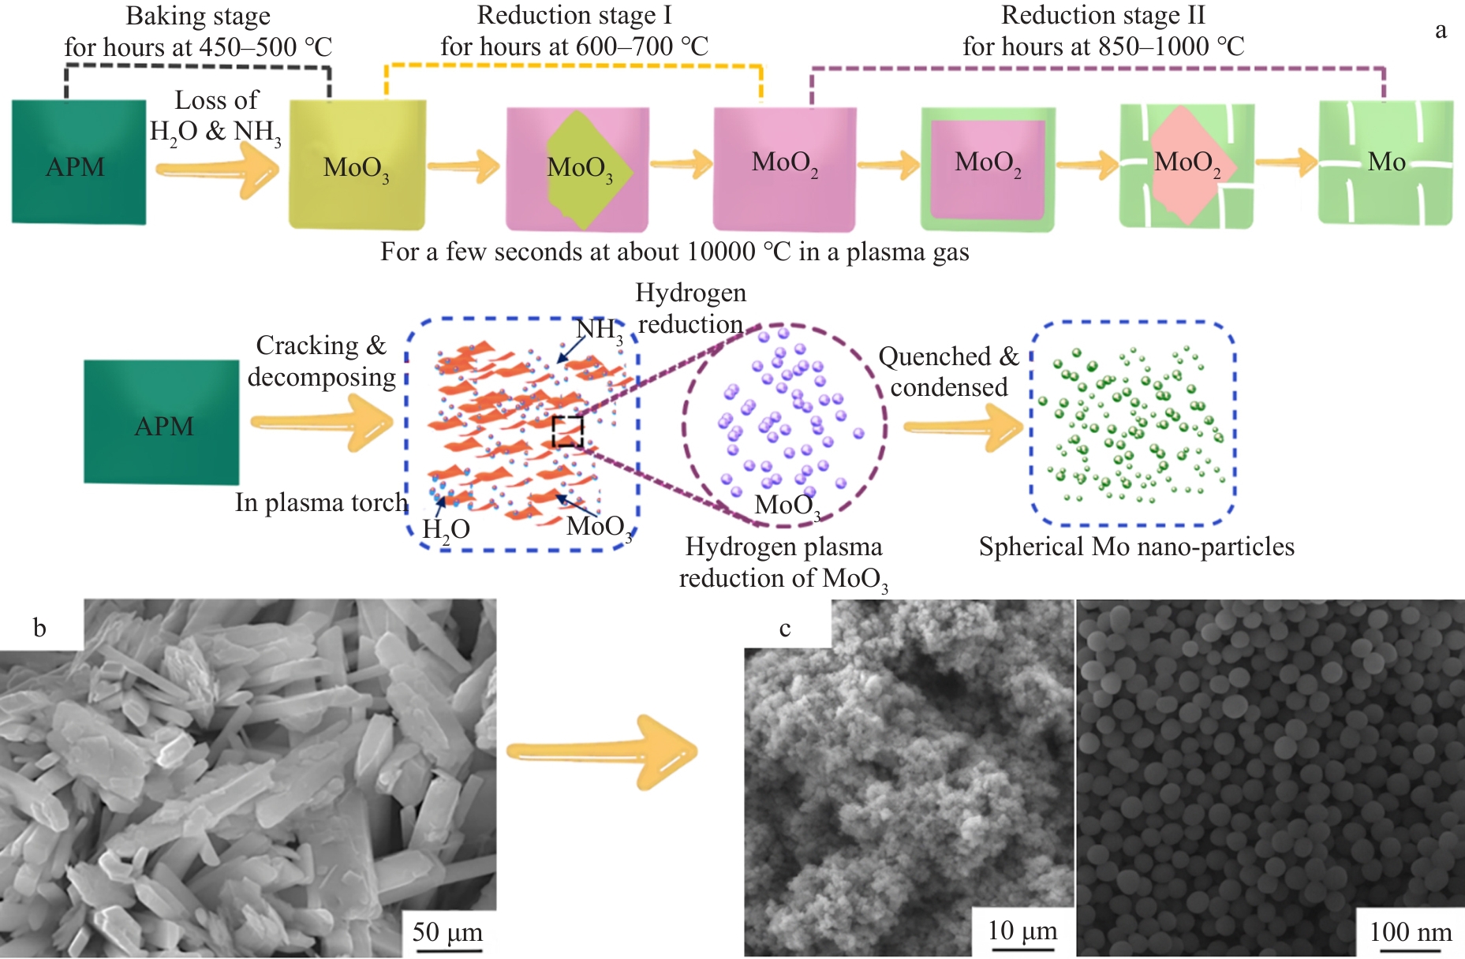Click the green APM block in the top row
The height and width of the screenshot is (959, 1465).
[x=78, y=162]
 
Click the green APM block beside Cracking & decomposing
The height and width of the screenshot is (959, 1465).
[x=162, y=422]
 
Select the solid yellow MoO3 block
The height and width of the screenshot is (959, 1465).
[x=357, y=165]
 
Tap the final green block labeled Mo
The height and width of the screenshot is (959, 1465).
[x=1386, y=162]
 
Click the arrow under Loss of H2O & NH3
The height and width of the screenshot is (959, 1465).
[x=218, y=170]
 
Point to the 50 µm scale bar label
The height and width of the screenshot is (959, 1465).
[x=447, y=932]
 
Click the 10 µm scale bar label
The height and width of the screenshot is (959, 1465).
[x=1022, y=931]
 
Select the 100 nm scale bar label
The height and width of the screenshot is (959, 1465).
[x=1411, y=932]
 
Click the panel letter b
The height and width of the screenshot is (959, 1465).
[x=39, y=628]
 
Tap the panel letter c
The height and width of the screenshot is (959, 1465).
[x=785, y=629]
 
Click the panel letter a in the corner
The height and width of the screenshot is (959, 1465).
[x=1441, y=30]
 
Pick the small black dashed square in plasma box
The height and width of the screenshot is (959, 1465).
[x=567, y=431]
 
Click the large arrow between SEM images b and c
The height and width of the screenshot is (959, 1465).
[x=601, y=752]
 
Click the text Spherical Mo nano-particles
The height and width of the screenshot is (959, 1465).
[x=1136, y=547]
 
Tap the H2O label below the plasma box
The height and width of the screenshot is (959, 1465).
[x=446, y=529]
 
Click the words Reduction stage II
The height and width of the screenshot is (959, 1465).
[x=1103, y=15]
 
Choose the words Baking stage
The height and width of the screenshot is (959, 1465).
[x=198, y=16]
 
